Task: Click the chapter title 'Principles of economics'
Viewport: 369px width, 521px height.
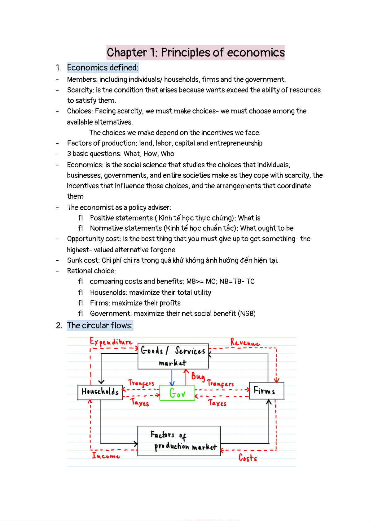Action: (195, 53)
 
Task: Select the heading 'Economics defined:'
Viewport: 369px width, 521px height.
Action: (103, 68)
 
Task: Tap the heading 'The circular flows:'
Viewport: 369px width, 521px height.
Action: (100, 326)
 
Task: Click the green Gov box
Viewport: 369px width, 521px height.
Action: (177, 393)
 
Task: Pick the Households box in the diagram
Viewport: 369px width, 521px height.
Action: (100, 392)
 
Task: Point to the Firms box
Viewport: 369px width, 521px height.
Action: (266, 391)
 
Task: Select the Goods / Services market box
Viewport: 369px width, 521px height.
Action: (173, 356)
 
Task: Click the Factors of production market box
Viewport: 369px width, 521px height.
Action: (179, 441)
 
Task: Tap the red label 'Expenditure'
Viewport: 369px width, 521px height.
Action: (111, 342)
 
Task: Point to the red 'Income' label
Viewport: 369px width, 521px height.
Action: (106, 456)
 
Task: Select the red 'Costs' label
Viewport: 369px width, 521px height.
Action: (248, 458)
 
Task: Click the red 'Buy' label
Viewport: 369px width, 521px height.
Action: (198, 376)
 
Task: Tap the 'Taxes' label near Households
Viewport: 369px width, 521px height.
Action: (140, 403)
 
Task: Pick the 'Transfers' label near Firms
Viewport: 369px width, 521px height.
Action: (220, 383)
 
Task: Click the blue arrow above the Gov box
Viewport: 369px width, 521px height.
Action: (172, 378)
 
